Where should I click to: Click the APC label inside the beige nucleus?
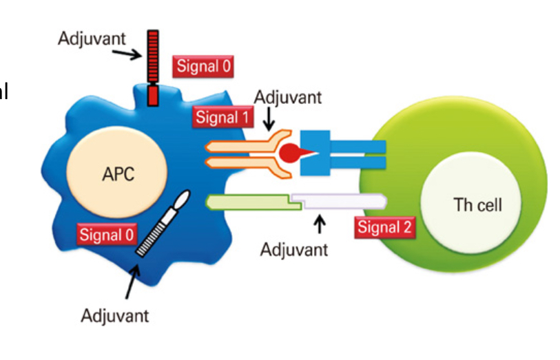pyautogui.click(x=118, y=173)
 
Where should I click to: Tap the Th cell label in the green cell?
pyautogui.click(x=477, y=204)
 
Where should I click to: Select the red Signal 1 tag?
pyautogui.click(x=221, y=117)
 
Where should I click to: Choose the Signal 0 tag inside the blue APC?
pyautogui.click(x=106, y=234)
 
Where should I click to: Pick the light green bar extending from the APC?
pyautogui.click(x=248, y=202)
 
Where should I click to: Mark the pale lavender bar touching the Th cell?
pyautogui.click(x=338, y=200)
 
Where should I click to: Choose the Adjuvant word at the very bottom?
pyautogui.click(x=114, y=316)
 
